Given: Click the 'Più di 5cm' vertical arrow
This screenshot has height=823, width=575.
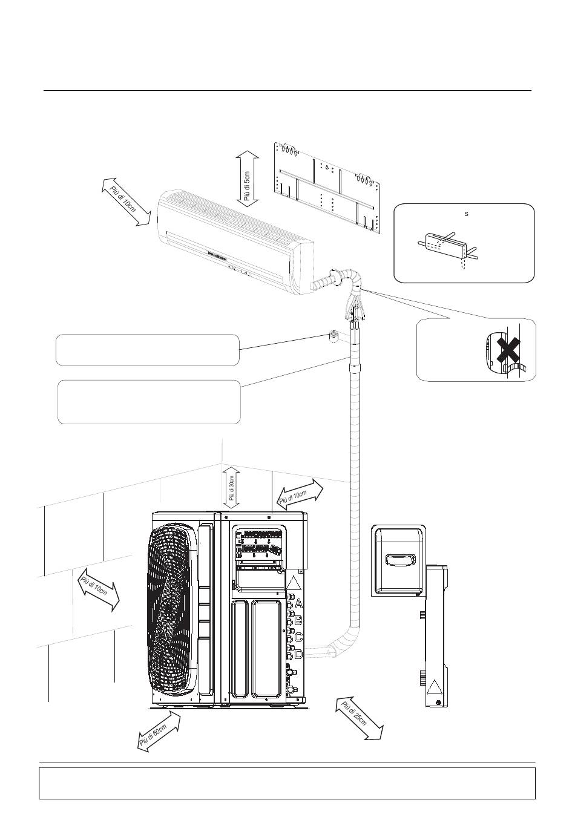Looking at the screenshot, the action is click(247, 179).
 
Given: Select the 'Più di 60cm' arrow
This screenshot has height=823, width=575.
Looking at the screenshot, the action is click(159, 731).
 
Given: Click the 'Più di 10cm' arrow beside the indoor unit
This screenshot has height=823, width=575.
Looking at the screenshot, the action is click(125, 202).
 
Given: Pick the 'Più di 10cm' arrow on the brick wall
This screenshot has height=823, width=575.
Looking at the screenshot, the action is click(99, 589).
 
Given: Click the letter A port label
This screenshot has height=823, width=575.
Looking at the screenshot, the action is click(298, 604).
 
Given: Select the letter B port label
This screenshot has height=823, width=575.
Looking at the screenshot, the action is click(298, 620).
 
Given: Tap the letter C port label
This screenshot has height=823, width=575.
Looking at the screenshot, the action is click(298, 637).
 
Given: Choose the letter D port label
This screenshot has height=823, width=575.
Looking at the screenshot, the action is click(298, 654).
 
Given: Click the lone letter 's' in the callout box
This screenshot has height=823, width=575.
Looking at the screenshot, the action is click(465, 214).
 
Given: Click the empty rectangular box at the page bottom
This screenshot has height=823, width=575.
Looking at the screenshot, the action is click(287, 783).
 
